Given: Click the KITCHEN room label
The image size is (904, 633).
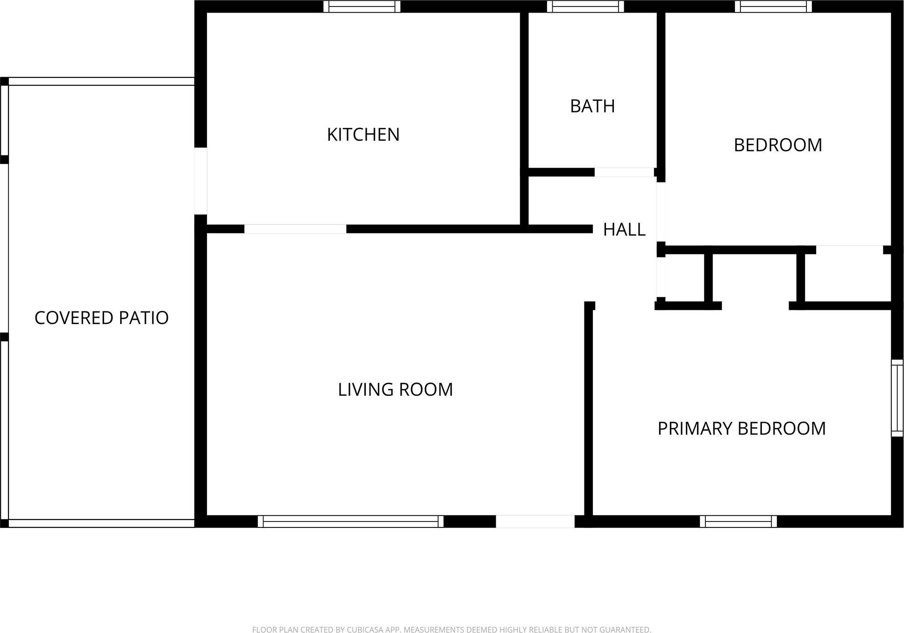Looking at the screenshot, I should pos(363,135).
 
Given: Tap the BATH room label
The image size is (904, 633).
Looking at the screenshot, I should pos(592,106).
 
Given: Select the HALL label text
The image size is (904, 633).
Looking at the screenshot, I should pos(624,230).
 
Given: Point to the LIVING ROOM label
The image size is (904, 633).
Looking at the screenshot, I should pos(395,390).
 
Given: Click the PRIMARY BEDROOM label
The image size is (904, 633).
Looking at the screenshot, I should pos(741,429).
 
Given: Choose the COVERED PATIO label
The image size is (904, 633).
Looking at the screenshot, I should pos(101,318).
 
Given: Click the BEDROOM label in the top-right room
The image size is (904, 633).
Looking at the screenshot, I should pos(777,145).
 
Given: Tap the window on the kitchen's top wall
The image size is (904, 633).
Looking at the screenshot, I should pos(362,7).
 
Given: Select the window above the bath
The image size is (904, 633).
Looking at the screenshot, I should pos(585,7).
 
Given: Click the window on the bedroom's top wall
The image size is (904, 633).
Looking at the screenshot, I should pos(773,7).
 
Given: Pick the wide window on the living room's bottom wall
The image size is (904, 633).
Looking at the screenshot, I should pos(350,521).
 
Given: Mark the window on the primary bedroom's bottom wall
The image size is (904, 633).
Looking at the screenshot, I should pos(738,521).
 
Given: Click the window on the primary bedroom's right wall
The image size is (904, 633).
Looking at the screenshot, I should pos(897,398).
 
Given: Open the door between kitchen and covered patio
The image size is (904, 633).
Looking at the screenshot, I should pos(201,181).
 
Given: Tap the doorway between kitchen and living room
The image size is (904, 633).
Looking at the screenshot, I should pos(295,229).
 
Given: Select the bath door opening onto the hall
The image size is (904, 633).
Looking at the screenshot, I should pos(624,172).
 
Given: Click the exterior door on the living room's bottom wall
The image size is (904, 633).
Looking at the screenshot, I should pos(535,521).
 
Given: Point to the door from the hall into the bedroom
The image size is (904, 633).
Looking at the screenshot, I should pos(661,212).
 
